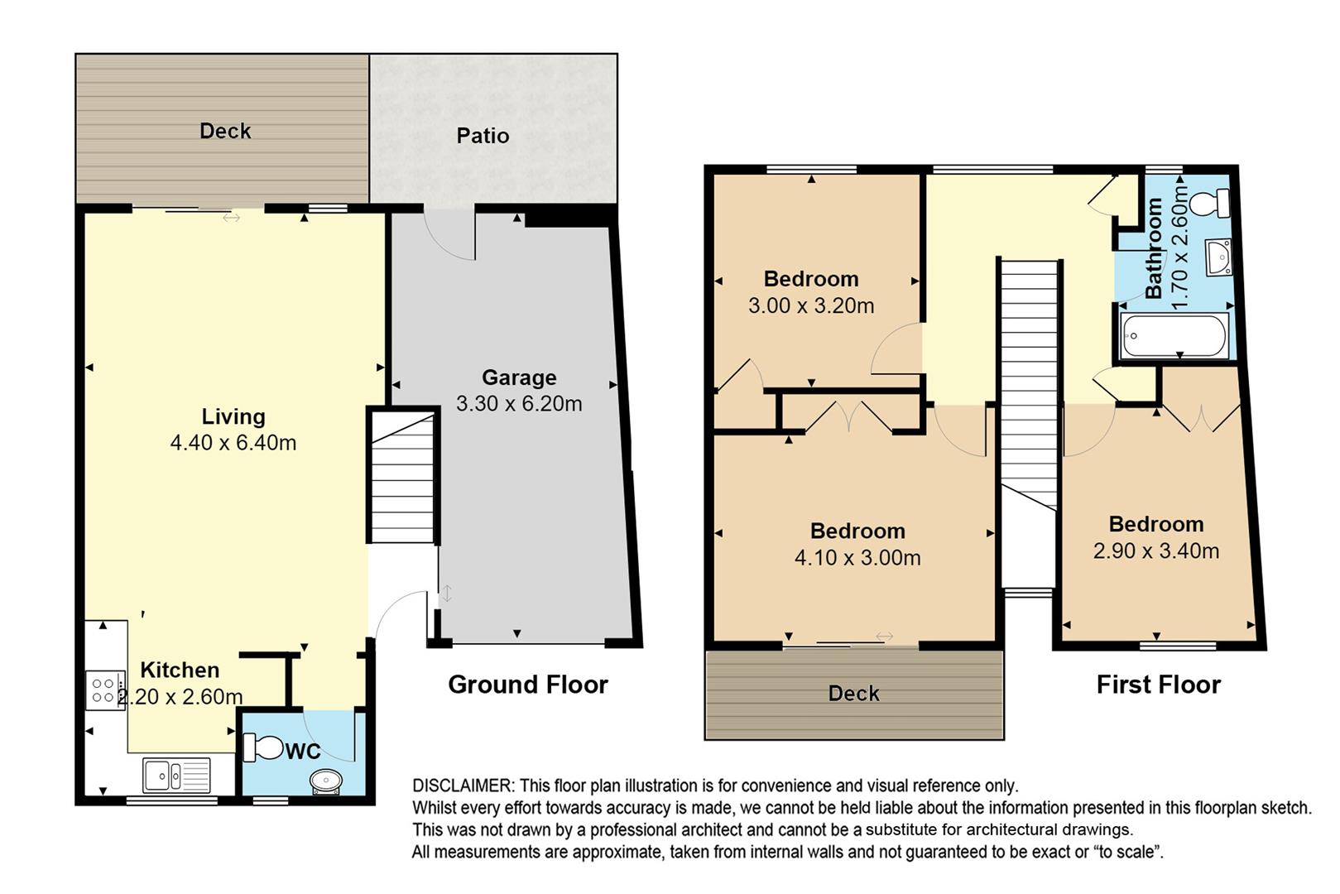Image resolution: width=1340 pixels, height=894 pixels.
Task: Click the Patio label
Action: tap(483, 136)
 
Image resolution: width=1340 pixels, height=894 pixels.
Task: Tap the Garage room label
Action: tap(519, 377)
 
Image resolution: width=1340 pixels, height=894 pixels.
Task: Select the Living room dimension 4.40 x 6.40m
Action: tap(233, 443)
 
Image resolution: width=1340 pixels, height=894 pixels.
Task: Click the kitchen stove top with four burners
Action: tap(105, 690)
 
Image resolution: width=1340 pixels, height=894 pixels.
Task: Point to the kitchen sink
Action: tap(176, 775)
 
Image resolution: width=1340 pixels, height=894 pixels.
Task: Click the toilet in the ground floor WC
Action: tap(263, 748)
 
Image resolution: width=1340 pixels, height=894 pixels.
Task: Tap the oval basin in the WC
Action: tap(326, 781)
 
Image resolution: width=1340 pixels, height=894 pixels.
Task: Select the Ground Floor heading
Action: tap(528, 685)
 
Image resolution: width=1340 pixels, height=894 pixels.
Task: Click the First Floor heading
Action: tap(1159, 685)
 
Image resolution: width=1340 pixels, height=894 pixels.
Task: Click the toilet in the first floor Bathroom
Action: tap(1209, 203)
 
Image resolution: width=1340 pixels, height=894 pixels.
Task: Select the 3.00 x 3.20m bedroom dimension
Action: tap(811, 305)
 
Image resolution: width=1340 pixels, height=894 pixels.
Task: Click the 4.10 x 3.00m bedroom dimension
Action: tap(857, 558)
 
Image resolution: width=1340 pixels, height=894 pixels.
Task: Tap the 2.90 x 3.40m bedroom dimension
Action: tap(1156, 550)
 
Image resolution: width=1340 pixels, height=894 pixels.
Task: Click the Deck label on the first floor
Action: tap(853, 694)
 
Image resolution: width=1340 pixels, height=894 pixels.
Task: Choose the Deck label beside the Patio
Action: tap(225, 131)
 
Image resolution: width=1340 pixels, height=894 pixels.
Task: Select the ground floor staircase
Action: tap(402, 476)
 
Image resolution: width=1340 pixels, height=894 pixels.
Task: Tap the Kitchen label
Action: tap(180, 670)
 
